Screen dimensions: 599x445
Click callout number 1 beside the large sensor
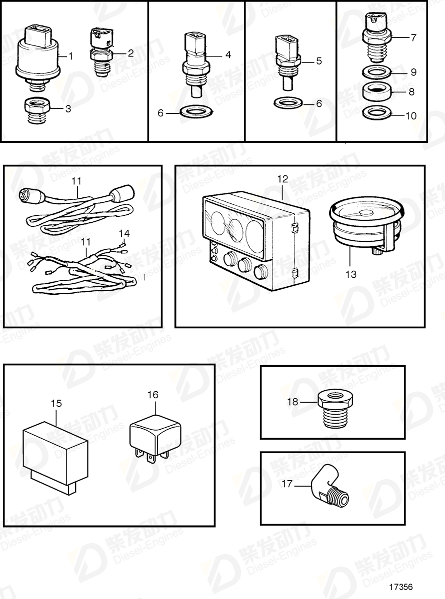[70, 56]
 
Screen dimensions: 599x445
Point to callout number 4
[228, 54]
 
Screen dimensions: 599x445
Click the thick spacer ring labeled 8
[376, 92]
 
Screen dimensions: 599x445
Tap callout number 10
[410, 116]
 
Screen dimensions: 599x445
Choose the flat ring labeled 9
[376, 71]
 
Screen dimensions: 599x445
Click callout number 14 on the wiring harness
[123, 233]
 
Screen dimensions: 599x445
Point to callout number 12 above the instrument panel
[283, 179]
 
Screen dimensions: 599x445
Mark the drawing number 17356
[401, 587]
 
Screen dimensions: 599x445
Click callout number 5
[318, 61]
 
